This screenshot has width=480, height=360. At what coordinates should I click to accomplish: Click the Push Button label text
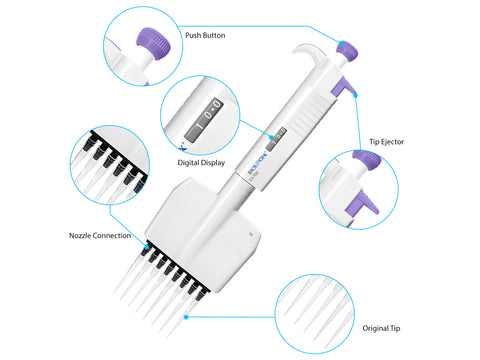[x=205, y=35]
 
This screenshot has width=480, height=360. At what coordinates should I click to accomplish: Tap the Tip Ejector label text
[x=386, y=142]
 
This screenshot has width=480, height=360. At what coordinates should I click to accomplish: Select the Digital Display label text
[x=201, y=163]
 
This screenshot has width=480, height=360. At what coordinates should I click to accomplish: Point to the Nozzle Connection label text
[x=100, y=236]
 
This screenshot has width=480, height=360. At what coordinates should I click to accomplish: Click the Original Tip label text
[x=381, y=328]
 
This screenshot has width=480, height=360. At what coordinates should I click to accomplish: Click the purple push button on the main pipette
[x=347, y=51]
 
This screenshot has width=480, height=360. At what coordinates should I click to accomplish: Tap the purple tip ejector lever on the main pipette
[x=343, y=86]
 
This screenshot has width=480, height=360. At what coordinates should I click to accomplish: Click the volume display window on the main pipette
[x=276, y=139]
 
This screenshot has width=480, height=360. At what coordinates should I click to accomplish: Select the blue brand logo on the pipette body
[x=258, y=163]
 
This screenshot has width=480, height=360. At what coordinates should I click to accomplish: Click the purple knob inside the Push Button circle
[x=154, y=44]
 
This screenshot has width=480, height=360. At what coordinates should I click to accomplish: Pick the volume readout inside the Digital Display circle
[x=203, y=119]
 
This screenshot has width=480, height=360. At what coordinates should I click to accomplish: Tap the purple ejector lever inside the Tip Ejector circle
[x=362, y=202]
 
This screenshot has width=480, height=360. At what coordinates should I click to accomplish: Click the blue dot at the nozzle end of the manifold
[x=147, y=247]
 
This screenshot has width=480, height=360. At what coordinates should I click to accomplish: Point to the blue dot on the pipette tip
[x=186, y=317]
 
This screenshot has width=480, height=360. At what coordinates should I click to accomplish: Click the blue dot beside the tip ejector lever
[x=355, y=95]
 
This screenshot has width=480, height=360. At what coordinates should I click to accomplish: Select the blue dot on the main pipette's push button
[x=341, y=43]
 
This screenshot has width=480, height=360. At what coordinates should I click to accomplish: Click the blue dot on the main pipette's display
[x=272, y=137]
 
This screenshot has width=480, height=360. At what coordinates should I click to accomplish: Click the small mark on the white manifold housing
[x=251, y=234]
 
